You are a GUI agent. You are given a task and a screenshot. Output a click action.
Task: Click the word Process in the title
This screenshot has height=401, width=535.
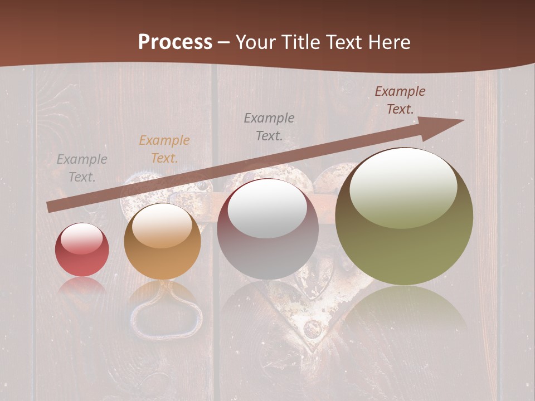click(175, 42)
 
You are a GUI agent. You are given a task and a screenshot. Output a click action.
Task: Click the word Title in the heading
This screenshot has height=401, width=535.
click(300, 42)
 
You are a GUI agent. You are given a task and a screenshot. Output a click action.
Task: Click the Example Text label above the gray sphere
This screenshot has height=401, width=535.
click(269, 126)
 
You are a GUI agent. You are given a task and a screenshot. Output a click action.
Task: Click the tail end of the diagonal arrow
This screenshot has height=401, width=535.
click(51, 207)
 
